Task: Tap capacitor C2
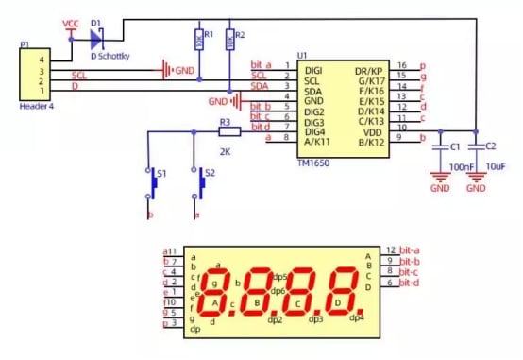pyautogui.click(x=476, y=146)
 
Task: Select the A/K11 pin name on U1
pyautogui.click(x=315, y=140)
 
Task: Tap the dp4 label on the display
pyautogui.click(x=356, y=317)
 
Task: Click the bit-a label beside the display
pyautogui.click(x=409, y=250)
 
